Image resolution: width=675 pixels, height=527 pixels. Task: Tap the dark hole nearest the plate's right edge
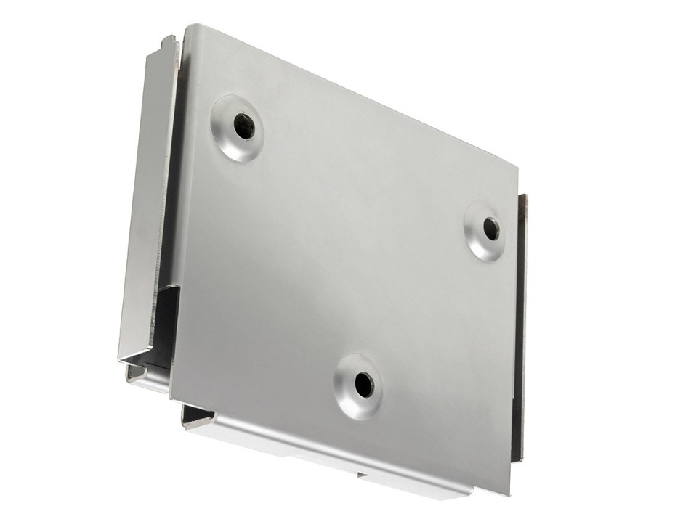coord(491,229)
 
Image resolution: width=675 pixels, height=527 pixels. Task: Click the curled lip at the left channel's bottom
coord(138,375)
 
